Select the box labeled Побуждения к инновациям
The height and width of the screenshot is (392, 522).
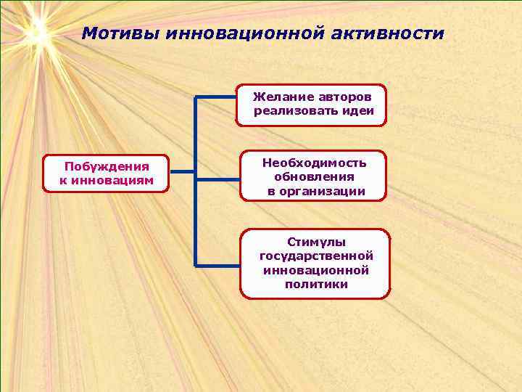tap(106, 173)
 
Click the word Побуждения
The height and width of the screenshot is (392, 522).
tap(107, 167)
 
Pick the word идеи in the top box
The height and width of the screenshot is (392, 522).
tap(358, 111)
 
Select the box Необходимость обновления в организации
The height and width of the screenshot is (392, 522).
tap(313, 176)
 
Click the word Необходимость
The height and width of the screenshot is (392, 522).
tap(314, 163)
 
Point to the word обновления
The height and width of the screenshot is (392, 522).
tap(314, 176)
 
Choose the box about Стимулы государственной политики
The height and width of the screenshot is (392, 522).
tap(315, 263)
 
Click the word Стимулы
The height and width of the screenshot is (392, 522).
tap(316, 242)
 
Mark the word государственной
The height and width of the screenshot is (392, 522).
tap(316, 256)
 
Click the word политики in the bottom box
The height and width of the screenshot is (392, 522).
tap(316, 284)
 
